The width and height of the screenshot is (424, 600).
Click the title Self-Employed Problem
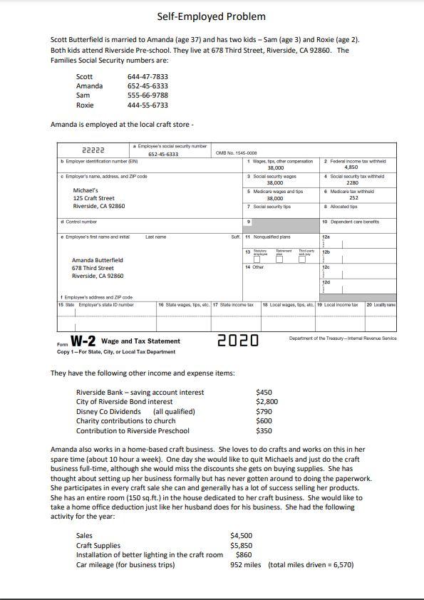click(211, 16)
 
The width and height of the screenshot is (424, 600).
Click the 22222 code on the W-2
click(94, 150)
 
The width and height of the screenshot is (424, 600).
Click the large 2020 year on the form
click(237, 341)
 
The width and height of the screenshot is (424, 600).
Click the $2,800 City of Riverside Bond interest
click(267, 402)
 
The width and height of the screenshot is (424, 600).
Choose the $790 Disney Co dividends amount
click(264, 411)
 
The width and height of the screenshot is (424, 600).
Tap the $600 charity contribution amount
click(264, 420)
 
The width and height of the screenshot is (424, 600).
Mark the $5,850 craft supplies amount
click(241, 546)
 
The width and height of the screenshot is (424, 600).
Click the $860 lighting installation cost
click(244, 555)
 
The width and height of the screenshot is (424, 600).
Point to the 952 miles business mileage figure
click(246, 565)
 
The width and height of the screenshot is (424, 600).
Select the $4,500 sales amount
click(241, 536)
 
